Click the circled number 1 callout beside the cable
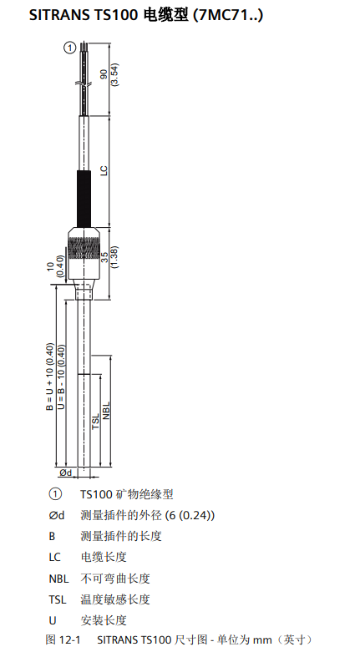coord(70,48)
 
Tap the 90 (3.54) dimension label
coord(109,74)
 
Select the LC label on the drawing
coord(104,170)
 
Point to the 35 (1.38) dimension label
coord(109,257)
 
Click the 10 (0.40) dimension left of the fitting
coord(55,266)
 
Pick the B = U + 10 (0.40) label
coord(50,377)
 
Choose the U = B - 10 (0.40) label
coord(61,377)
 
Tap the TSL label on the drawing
coord(96,421)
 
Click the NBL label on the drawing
coord(106,411)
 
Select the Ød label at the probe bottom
coord(66,473)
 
